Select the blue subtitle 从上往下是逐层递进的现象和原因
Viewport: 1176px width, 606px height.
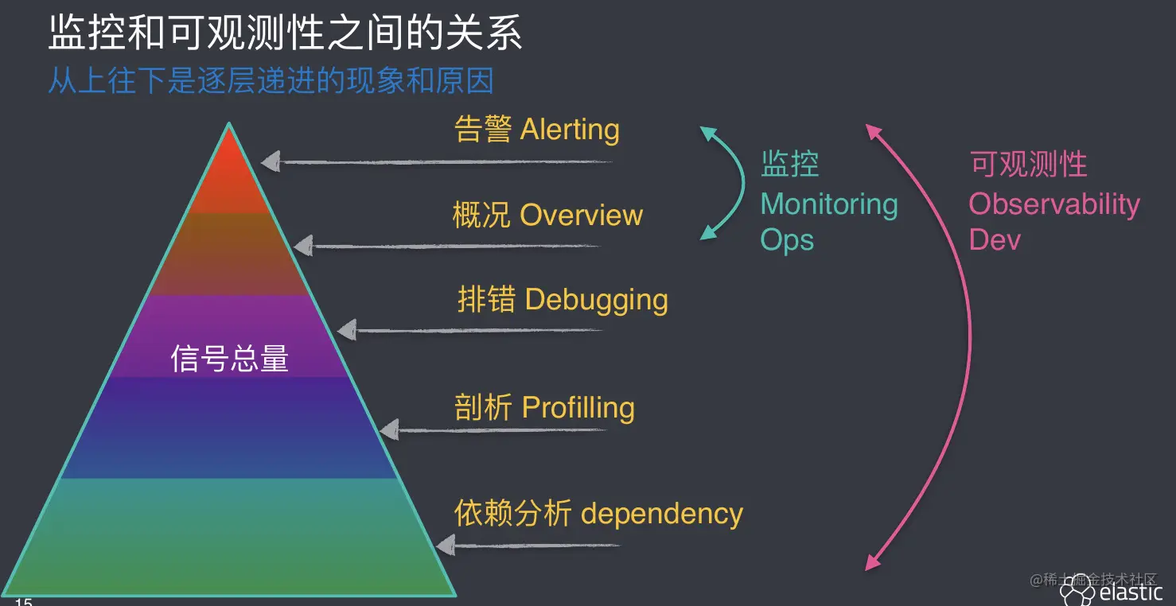(271, 81)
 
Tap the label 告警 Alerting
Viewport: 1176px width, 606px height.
(536, 130)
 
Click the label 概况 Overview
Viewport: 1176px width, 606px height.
(547, 216)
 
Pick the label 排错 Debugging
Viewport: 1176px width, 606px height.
(563, 301)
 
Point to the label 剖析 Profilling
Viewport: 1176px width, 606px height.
(544, 408)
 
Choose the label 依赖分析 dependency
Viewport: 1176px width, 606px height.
(598, 514)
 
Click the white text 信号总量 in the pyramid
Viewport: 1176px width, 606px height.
(229, 359)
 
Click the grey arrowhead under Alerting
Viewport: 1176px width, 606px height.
(271, 162)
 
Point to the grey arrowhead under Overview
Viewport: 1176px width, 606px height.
(303, 247)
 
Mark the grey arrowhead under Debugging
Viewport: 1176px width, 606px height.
(348, 330)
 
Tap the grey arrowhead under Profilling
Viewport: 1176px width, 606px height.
(389, 430)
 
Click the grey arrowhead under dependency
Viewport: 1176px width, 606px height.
(446, 546)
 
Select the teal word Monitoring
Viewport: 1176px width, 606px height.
(829, 204)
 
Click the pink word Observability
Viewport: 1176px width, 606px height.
(1054, 204)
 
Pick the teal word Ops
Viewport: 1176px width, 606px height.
(787, 240)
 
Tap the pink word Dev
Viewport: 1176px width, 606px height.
(995, 240)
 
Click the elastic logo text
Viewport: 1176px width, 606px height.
(1130, 592)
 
